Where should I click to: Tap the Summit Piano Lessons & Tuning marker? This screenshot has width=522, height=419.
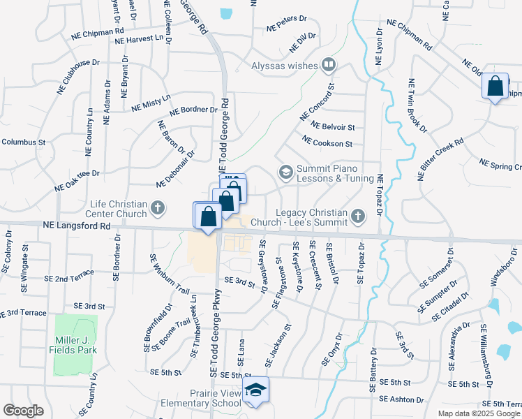(x=285, y=172)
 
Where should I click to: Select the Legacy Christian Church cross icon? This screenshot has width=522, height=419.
(x=357, y=215)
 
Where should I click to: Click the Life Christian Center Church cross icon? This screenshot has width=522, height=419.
(x=158, y=207)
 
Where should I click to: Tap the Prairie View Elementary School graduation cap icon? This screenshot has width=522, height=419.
(x=256, y=390)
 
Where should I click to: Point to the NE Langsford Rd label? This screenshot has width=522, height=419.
(x=76, y=226)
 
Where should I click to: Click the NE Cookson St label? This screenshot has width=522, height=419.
(x=328, y=142)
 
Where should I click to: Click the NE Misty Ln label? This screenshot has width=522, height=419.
(x=151, y=103)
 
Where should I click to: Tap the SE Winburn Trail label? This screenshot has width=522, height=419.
(x=160, y=273)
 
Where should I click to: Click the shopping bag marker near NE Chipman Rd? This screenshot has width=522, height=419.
(x=495, y=87)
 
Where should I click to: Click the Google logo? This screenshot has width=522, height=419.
(x=24, y=410)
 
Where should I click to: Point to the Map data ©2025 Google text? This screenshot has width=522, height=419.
(x=478, y=413)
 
